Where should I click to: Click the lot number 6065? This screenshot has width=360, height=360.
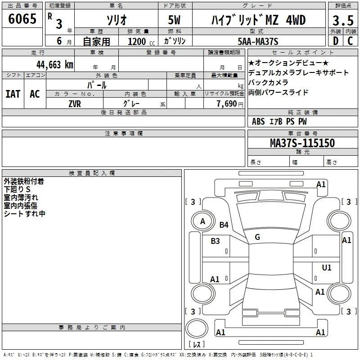coord(22,19)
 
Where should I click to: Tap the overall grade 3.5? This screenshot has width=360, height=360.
coord(343,20)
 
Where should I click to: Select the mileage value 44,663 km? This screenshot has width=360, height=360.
coord(55,64)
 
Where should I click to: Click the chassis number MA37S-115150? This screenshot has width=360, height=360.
coord(302,143)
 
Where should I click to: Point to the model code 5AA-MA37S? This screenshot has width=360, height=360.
coord(258,41)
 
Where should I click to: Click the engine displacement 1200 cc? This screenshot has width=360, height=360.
coord(141,41)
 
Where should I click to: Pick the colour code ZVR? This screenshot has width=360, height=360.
coord(75,104)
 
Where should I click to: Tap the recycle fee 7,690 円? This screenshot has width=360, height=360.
coord(230,104)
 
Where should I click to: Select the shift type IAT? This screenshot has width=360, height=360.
coord(13,94)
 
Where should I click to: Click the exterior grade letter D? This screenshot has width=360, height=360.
coord(336,41)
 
